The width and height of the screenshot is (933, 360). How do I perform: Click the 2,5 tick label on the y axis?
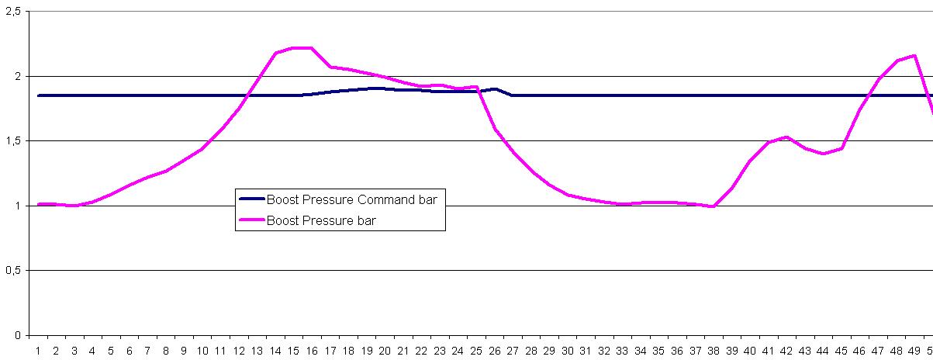tap(12, 12)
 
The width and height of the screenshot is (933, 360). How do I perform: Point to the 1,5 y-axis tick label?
tap(12, 141)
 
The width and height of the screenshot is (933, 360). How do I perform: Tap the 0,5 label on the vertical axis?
tap(12, 271)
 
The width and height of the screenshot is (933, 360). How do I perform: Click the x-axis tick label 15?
tap(293, 351)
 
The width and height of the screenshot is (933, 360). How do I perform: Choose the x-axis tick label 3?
tap(74, 351)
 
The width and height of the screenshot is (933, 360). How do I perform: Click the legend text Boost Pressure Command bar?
tap(352, 200)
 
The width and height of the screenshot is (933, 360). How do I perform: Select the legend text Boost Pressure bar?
tap(321, 220)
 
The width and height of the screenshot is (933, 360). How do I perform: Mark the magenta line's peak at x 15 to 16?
tap(302, 48)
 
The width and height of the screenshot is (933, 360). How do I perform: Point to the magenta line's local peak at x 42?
tap(786, 137)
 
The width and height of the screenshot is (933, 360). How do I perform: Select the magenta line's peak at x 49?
tap(914, 56)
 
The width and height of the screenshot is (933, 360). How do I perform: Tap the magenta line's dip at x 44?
tap(823, 154)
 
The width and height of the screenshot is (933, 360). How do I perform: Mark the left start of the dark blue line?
tap(39, 95)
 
